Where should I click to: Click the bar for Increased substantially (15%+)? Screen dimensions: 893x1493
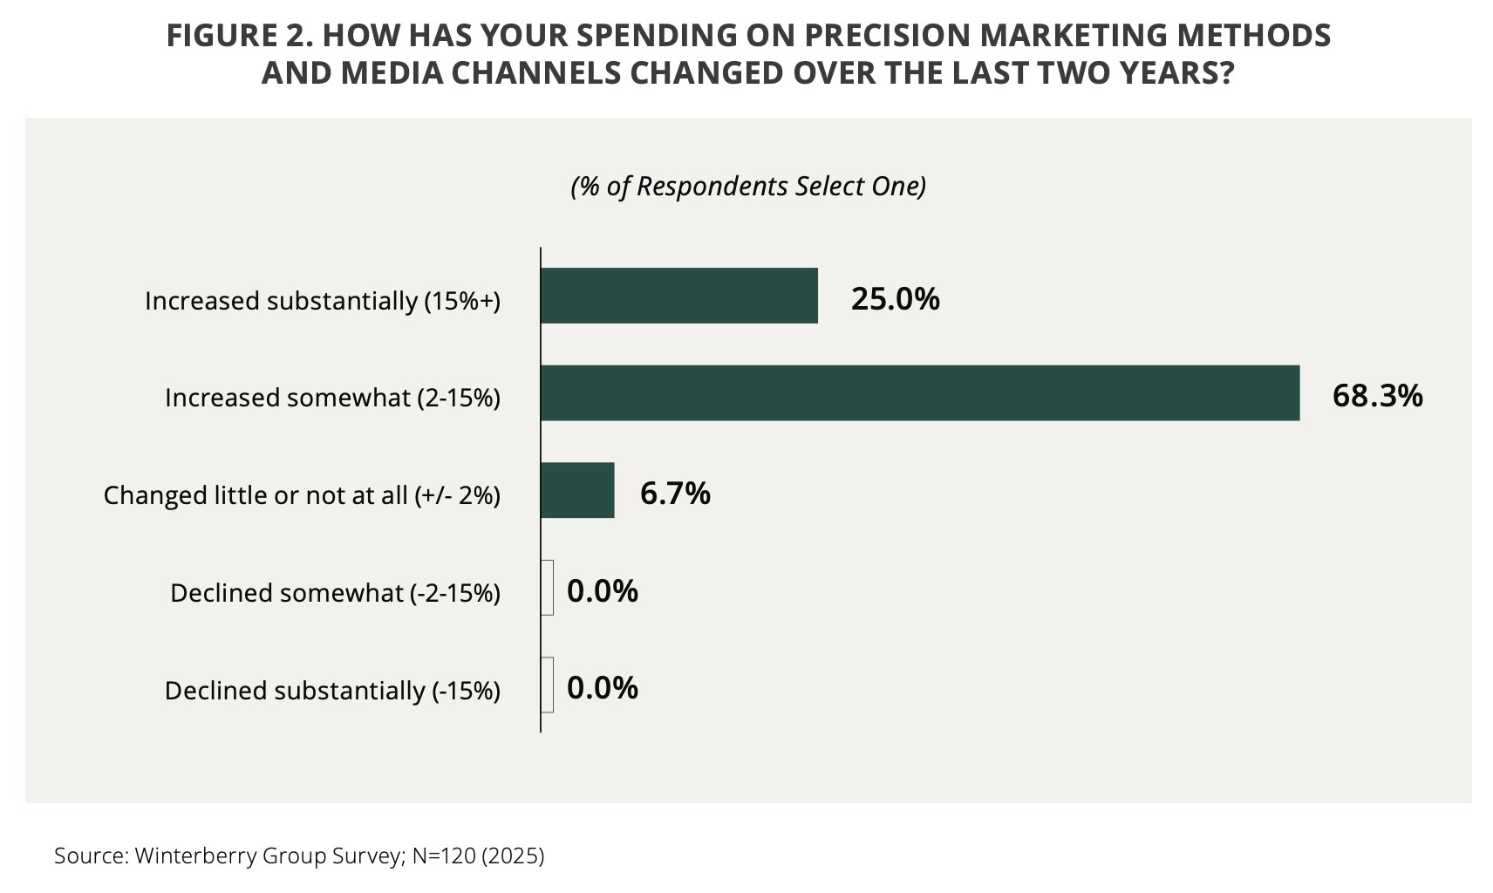click(679, 296)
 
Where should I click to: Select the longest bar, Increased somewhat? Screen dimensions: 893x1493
click(920, 393)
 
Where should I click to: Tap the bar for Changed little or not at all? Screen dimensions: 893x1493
click(577, 490)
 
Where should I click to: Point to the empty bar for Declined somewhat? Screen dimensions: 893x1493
click(548, 588)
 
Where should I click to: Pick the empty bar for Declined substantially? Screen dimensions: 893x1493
click(548, 685)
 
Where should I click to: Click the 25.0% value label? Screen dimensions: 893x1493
click(896, 299)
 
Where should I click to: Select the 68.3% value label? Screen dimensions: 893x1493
click(1377, 396)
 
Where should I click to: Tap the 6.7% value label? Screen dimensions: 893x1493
click(675, 494)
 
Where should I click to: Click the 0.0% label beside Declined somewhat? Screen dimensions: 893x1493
click(603, 591)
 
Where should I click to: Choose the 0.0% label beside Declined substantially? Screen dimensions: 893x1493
click(603, 688)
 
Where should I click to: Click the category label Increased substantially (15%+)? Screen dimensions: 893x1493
click(323, 301)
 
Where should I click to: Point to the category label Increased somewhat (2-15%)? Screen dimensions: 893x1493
click(332, 398)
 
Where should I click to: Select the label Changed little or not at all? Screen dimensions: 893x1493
click(302, 495)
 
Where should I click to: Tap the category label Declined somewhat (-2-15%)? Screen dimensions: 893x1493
click(335, 593)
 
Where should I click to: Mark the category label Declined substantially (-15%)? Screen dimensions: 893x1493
click(332, 691)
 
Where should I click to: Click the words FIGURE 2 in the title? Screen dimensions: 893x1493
click(235, 36)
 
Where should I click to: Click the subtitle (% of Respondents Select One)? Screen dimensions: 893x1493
click(748, 187)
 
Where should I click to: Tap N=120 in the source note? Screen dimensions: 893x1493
click(444, 856)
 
